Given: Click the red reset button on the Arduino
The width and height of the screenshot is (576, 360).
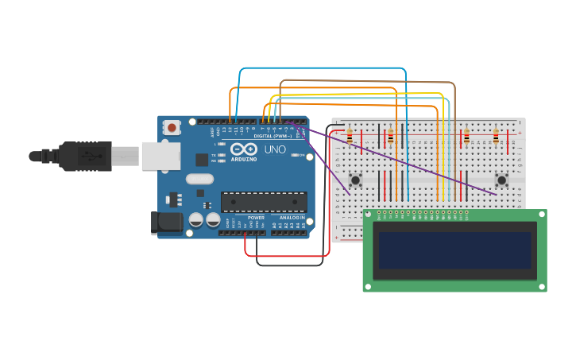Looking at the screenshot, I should pyautogui.click(x=172, y=127).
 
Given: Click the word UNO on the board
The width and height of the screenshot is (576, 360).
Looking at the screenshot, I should pyautogui.click(x=275, y=149).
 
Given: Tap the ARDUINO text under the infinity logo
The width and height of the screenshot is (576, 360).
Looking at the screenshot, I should pyautogui.click(x=244, y=159).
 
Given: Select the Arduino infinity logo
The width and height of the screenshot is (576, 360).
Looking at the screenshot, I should pyautogui.click(x=243, y=149).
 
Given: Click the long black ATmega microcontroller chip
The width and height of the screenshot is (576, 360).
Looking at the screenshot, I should pyautogui.click(x=264, y=202).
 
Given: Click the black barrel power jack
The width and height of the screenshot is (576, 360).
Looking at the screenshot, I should pyautogui.click(x=167, y=222).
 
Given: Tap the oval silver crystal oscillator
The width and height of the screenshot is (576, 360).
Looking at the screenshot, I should pyautogui.click(x=199, y=179).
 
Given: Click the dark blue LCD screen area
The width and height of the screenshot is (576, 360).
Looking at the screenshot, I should pyautogui.click(x=454, y=250).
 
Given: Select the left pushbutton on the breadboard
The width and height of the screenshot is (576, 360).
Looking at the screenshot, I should pyautogui.click(x=355, y=180).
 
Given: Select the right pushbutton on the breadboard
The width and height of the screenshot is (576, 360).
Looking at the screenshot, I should pyautogui.click(x=501, y=180).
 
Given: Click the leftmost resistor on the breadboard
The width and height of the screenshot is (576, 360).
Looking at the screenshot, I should pyautogui.click(x=350, y=137).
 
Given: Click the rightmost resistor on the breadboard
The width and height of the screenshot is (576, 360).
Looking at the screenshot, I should pyautogui.click(x=496, y=137).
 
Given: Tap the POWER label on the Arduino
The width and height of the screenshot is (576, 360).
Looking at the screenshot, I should pyautogui.click(x=256, y=218).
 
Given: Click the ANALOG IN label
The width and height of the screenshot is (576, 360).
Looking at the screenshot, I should pyautogui.click(x=292, y=218).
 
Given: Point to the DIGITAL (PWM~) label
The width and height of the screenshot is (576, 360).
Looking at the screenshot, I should pyautogui.click(x=273, y=136).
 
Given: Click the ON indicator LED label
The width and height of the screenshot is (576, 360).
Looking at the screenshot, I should pyautogui.click(x=302, y=155).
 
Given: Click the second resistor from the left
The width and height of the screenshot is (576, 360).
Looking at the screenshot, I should pyautogui.click(x=390, y=137).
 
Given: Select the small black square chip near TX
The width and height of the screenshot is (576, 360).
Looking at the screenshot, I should pyautogui.click(x=202, y=160).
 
